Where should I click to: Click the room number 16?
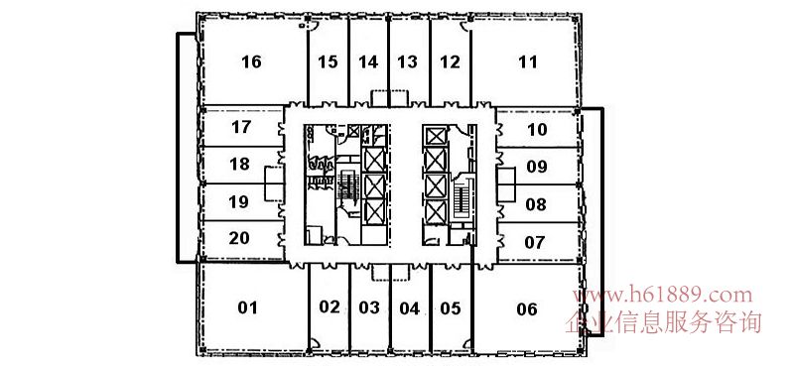(x=251, y=62)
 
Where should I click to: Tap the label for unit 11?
(x=528, y=62)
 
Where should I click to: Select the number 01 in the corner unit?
(x=248, y=307)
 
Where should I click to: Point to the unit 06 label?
(x=526, y=308)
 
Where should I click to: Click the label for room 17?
(x=241, y=127)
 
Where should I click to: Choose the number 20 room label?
(x=239, y=238)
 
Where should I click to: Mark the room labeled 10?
(x=537, y=130)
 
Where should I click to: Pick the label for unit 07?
(x=535, y=243)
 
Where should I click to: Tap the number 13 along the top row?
(x=407, y=62)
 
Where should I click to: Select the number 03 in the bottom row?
(x=369, y=307)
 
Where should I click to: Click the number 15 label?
(x=328, y=62)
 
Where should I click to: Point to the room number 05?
(x=451, y=307)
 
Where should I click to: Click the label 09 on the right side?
(x=537, y=167)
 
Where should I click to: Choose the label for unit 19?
(x=239, y=202)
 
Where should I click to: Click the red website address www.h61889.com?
(x=663, y=295)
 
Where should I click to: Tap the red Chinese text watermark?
(x=663, y=322)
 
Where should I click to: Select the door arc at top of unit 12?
(x=464, y=27)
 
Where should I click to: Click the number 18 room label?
(x=239, y=165)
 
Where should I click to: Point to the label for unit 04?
(x=409, y=307)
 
